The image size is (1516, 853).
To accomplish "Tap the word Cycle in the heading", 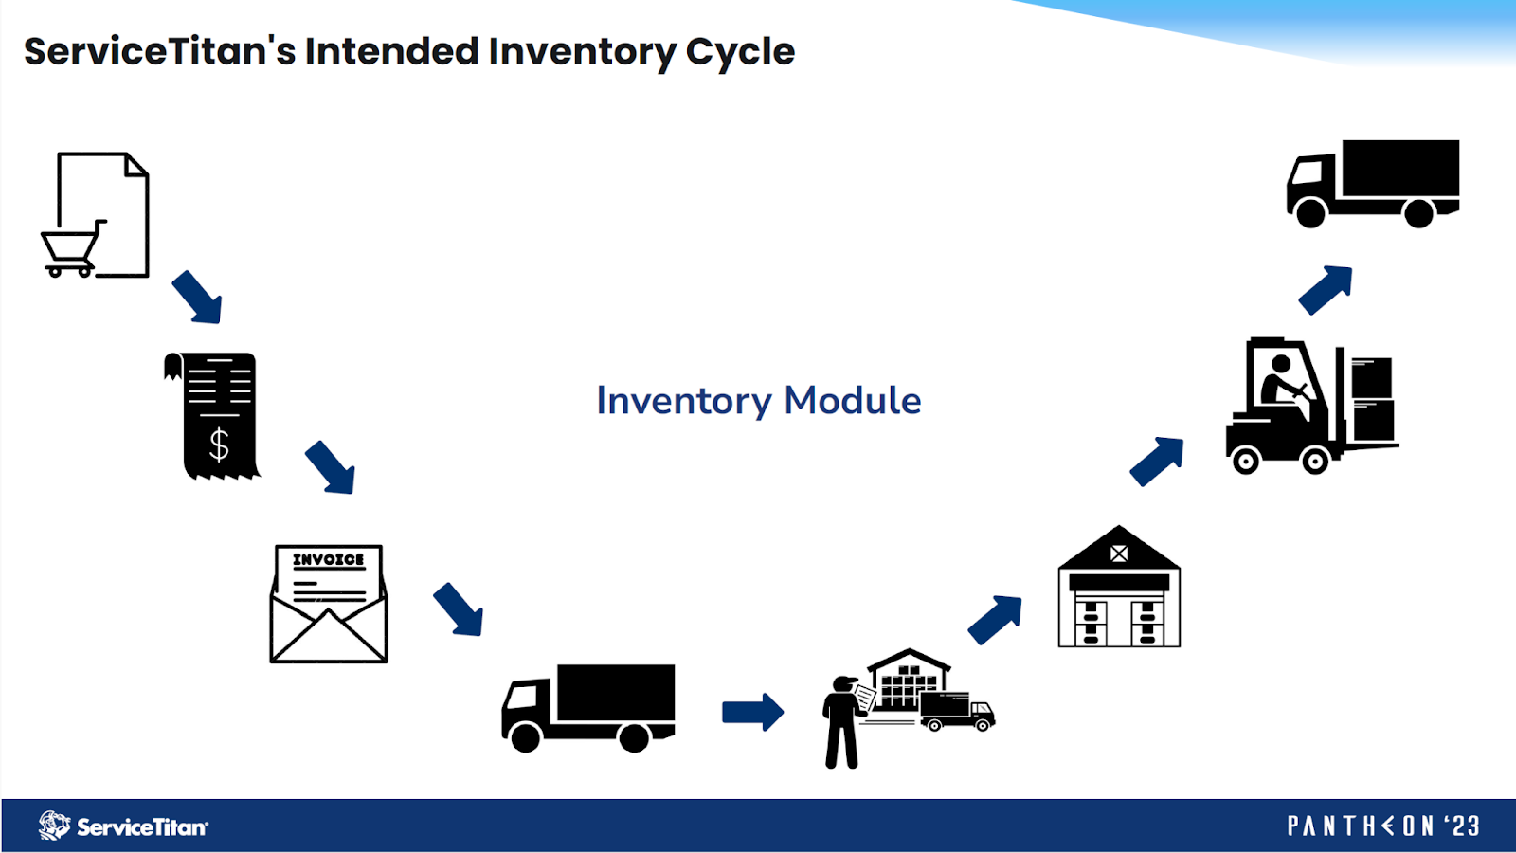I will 740,52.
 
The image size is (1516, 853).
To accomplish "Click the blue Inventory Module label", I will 758,401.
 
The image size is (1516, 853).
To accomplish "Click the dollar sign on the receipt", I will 219,444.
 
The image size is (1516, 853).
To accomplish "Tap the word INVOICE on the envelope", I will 328,560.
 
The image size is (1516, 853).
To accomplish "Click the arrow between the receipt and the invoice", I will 331,467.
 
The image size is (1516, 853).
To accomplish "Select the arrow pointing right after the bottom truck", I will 752,712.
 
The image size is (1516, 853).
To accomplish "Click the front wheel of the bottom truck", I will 525,735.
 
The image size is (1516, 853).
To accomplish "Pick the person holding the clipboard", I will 840,720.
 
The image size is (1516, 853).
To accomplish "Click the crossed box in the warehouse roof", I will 1119,554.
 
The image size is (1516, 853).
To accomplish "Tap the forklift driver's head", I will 1281,364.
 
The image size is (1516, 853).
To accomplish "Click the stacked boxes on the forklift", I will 1372,398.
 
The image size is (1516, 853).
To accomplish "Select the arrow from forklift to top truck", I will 1326,289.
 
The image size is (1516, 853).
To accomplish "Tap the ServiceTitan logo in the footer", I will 123,826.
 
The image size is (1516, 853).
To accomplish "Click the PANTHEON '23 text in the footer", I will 1383,826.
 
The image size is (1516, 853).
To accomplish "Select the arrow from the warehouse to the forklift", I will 1157,461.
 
